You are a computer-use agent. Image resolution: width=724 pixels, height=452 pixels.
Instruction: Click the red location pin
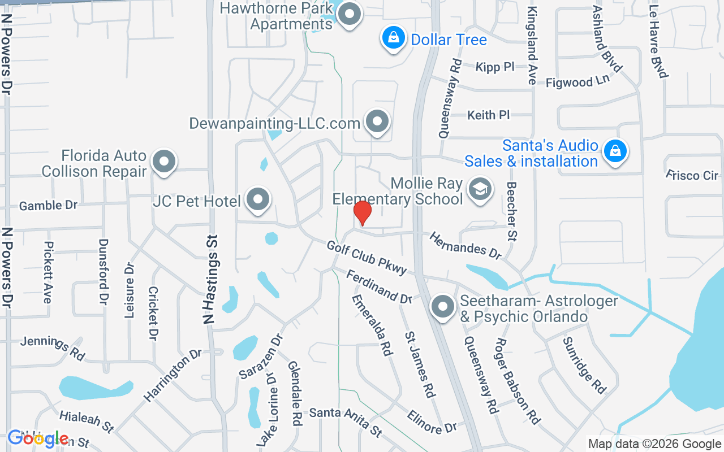[362, 213]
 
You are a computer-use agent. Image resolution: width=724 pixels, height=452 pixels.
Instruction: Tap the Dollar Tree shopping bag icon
[393, 38]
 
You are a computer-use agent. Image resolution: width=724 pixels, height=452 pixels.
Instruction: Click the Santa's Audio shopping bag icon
[614, 151]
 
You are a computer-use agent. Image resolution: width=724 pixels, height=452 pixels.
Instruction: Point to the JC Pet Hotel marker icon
[259, 199]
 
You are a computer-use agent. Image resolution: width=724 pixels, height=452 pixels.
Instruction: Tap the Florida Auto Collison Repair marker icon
[164, 162]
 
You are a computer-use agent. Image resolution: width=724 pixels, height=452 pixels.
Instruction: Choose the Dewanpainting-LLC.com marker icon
[377, 121]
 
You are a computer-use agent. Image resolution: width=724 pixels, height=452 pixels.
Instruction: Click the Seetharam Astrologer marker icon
[443, 307]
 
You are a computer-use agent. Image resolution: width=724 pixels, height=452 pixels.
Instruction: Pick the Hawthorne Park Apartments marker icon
[349, 15]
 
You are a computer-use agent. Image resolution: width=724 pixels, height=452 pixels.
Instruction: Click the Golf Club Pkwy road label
[367, 258]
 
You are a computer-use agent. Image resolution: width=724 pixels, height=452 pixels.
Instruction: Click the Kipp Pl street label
[495, 67]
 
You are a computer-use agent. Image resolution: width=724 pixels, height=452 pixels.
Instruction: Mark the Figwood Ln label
[578, 82]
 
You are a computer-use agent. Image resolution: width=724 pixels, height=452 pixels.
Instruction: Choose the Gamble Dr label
[48, 205]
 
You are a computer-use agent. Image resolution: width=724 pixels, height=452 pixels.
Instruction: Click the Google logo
[38, 438]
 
